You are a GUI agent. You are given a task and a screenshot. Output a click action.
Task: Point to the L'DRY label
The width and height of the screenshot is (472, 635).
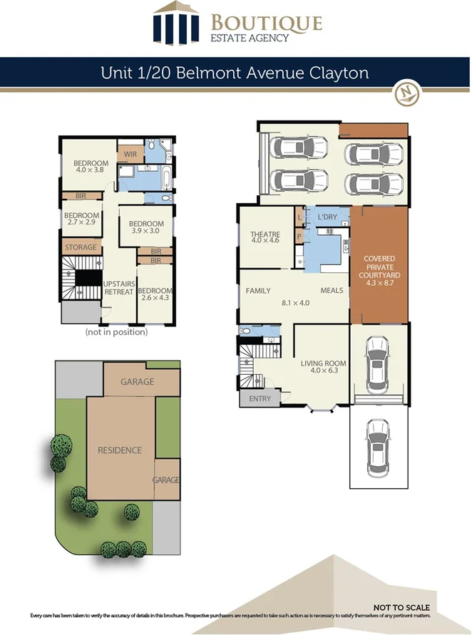pos(327,217)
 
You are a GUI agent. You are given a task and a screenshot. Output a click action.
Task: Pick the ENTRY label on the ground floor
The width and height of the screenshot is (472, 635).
pos(260,398)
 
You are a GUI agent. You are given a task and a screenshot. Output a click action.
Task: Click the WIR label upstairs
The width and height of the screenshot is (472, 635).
pos(130,154)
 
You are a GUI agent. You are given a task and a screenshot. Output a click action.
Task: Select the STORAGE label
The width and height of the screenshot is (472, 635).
pos(81,247)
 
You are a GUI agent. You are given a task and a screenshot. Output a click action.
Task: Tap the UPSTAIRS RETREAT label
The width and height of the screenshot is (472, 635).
pos(119,287)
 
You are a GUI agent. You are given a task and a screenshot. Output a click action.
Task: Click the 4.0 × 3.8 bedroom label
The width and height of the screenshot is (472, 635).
pos(91,167)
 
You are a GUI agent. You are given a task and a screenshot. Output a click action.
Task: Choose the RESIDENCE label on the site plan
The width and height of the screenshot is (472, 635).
pos(119,450)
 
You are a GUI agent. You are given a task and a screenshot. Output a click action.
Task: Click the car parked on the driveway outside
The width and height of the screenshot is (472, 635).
pos(378,447)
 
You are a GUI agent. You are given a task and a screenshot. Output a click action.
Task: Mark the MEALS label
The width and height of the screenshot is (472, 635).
pos(332,291)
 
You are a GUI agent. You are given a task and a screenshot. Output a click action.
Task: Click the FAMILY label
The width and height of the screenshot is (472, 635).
pos(258,291)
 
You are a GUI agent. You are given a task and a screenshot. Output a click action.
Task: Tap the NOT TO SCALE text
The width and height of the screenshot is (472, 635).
pos(406,608)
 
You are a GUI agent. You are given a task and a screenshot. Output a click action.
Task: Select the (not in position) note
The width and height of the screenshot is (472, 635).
pos(116,332)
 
